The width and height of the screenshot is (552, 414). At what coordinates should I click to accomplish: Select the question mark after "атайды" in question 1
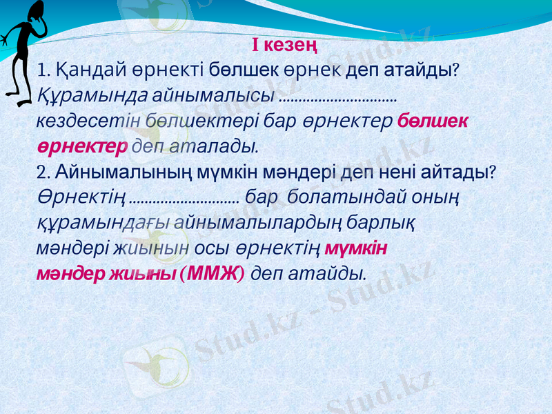click(x=457, y=70)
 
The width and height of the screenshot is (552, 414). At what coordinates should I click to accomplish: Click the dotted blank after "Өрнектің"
click(x=184, y=199)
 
